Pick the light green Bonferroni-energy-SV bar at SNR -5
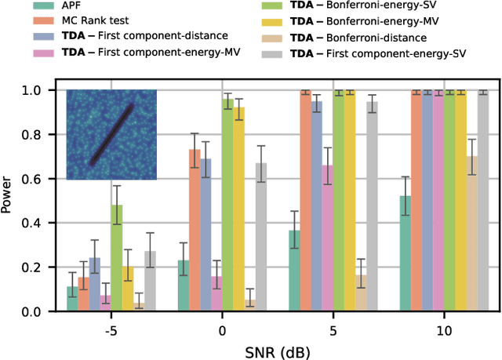(x=116, y=258)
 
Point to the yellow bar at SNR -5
(x=128, y=289)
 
